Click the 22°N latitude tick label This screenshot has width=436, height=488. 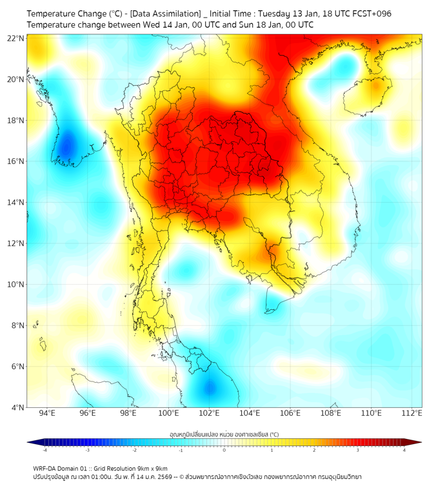15,38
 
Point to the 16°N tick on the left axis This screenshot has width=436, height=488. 15,161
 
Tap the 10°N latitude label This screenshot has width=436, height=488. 15,285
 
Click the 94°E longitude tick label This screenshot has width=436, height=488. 47,413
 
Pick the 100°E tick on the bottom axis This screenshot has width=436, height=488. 169,413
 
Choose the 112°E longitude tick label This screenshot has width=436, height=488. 412,413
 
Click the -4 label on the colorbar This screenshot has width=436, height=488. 45,449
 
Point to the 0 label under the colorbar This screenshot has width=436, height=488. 224,449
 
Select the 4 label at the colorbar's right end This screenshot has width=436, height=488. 404,449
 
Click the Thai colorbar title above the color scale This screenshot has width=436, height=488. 224,434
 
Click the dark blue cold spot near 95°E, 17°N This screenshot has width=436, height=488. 66,146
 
